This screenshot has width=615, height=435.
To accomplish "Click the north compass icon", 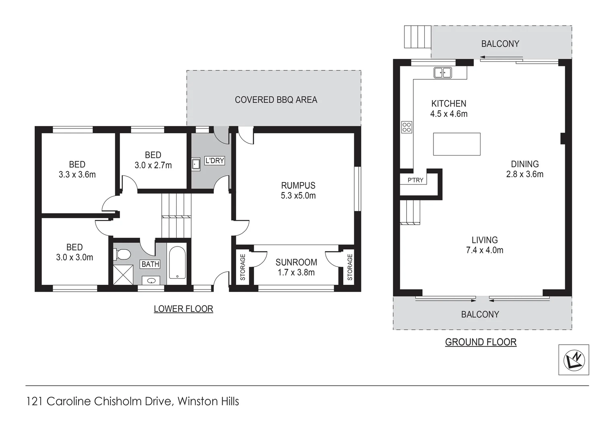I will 574,360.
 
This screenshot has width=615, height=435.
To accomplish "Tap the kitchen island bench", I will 456,144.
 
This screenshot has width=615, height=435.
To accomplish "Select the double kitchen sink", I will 442,72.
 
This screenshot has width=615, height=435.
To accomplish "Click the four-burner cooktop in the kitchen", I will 407,127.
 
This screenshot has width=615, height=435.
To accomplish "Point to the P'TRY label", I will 415,180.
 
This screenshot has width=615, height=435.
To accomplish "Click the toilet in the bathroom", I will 122,255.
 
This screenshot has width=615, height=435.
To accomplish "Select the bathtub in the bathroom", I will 177,263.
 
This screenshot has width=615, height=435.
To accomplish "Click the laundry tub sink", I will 196,164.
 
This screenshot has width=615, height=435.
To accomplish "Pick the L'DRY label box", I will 215,161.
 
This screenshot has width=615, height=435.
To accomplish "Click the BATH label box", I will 150,264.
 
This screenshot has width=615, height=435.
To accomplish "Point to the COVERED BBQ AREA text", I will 276,100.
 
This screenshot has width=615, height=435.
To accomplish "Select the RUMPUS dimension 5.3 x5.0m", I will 298,196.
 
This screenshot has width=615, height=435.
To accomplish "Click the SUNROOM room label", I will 296,262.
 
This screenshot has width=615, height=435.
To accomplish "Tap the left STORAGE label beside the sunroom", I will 243,267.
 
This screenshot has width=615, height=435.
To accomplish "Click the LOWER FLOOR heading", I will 183,309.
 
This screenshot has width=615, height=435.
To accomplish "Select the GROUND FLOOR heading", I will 481,342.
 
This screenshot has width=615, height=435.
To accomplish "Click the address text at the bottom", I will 132,402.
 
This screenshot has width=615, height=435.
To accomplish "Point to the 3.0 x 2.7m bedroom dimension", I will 153,165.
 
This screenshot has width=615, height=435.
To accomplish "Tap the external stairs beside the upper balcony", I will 417,37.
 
